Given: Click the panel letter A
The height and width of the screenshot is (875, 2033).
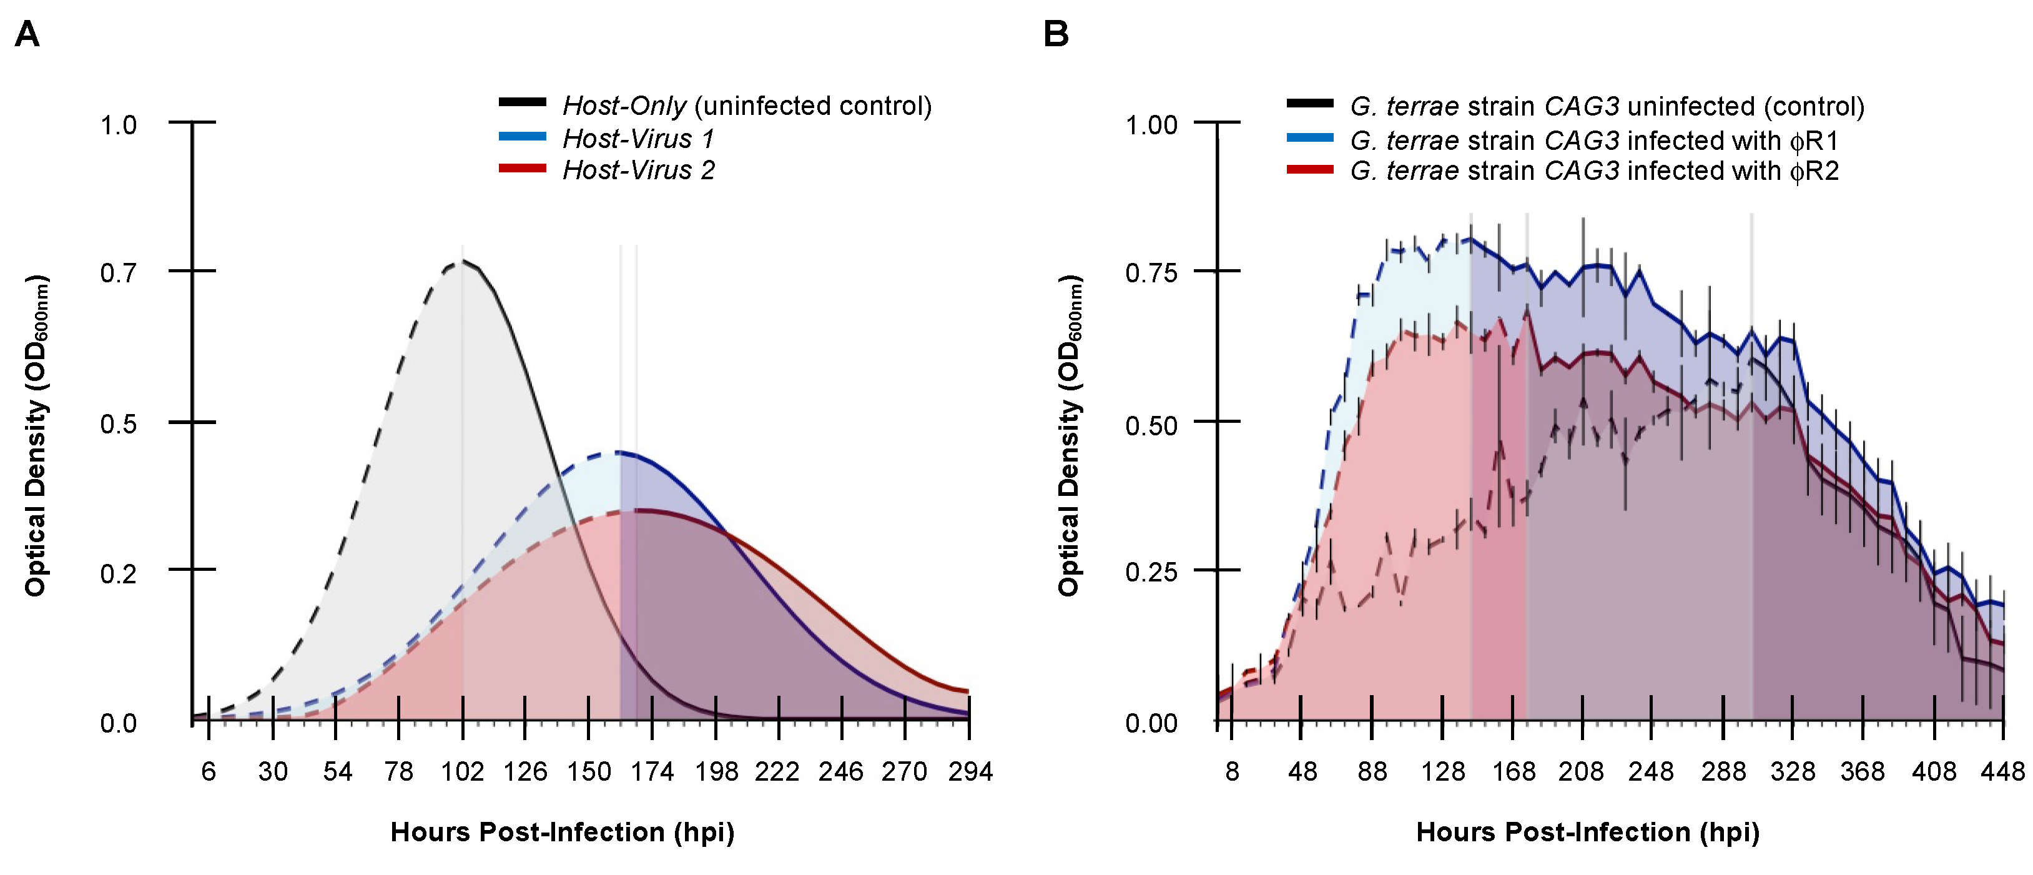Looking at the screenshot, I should point(27,35).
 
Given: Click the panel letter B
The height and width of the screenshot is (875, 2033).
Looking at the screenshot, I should point(1056,35).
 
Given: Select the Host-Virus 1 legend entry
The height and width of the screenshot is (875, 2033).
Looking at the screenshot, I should point(637,139).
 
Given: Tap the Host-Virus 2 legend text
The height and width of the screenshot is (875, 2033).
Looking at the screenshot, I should point(637,171).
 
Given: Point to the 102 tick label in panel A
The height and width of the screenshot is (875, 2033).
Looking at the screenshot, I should point(463,771).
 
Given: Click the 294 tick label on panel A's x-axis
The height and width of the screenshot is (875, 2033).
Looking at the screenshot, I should point(970,771).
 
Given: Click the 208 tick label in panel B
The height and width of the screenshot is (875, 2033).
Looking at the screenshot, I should point(1581,771).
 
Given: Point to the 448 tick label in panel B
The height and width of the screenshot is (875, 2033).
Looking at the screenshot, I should point(2002,771).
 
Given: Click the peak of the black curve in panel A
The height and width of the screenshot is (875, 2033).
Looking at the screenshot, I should point(463,260).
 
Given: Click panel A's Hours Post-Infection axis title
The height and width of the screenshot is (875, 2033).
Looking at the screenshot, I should point(562,833).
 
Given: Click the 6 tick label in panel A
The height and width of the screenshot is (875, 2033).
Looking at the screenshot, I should point(209,771).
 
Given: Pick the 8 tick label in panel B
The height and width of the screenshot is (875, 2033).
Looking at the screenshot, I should point(1232,771).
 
